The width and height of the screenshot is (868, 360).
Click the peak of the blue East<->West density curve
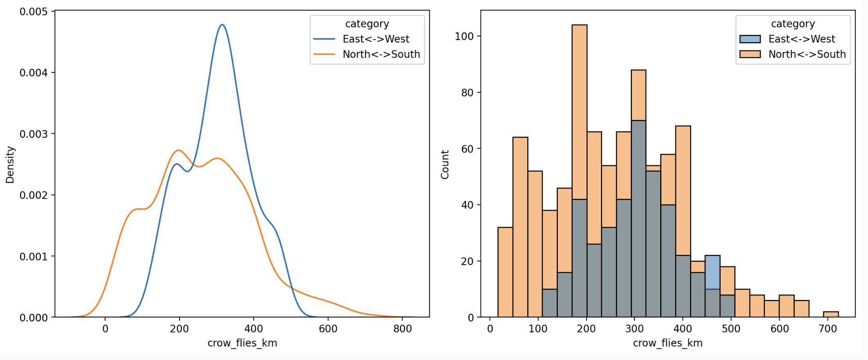click(222, 25)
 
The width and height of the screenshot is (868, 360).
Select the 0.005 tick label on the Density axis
click(34, 11)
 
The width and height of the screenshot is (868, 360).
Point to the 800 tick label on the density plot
click(403, 329)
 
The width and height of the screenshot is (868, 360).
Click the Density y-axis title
click(10, 164)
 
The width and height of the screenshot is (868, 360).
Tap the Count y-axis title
click(445, 164)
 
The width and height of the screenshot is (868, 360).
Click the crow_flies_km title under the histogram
click(668, 343)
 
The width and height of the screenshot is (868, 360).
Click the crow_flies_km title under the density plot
click(242, 343)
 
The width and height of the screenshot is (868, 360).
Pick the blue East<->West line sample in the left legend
click(324, 39)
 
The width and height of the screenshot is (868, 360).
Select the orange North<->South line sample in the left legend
click(324, 54)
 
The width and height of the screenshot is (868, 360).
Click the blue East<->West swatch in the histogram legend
click(750, 39)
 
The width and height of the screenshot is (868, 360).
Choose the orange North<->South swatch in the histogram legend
click(750, 54)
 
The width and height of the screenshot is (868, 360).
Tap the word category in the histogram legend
click(793, 24)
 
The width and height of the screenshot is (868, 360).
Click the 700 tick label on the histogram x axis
click(828, 329)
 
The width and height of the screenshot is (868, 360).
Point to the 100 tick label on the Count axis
click(464, 36)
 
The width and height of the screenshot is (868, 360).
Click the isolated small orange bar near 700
click(831, 315)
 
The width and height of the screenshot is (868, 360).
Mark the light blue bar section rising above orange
click(713, 272)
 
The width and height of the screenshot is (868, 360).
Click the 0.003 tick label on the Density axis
click(34, 134)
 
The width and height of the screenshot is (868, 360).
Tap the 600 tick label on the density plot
click(328, 329)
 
